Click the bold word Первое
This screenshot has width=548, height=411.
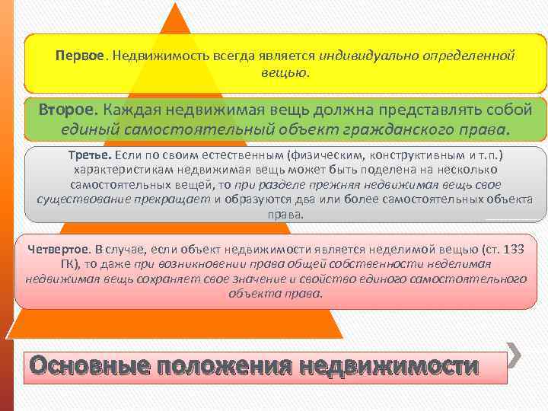tap(79, 57)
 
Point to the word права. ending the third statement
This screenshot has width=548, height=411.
tap(285, 215)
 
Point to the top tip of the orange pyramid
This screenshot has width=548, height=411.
tap(177, 5)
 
